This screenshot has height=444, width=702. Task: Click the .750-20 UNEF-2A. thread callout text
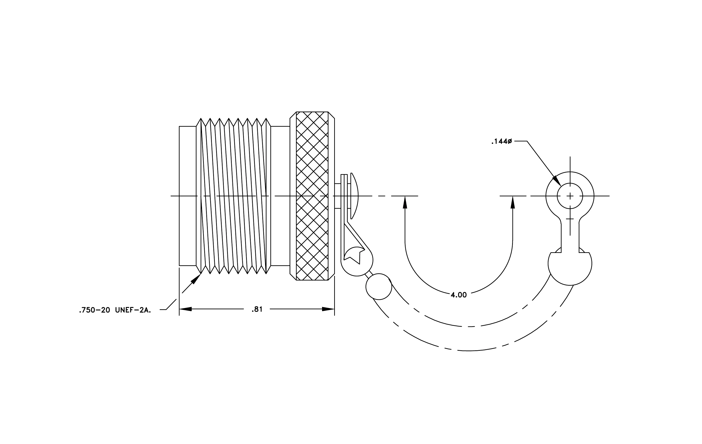pos(115,310)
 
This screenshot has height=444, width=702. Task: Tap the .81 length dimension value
pos(257,309)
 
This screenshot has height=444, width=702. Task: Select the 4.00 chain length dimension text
pos(459,295)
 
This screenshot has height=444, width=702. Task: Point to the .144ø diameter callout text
pos(501,142)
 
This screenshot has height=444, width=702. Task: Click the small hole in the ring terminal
pos(570,196)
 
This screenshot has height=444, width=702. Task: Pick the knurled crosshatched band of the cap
pos(312,196)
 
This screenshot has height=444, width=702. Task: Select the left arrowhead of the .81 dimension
pos(186,309)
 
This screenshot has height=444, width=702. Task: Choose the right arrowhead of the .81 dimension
pos(328,309)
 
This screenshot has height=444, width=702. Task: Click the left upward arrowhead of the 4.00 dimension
pos(405,202)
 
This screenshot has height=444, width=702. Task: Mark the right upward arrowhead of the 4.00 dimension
pos(513,202)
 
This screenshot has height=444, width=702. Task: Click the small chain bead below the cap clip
pos(379,286)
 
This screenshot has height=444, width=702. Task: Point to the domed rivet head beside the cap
pos(354,196)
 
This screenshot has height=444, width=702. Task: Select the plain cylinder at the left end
pos(188,196)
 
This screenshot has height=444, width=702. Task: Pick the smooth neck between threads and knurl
pos(280,196)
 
